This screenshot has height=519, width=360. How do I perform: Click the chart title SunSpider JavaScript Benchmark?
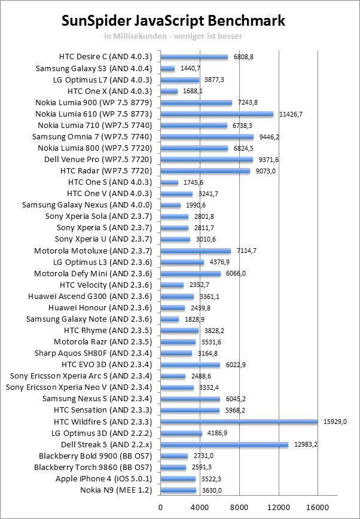click(x=173, y=22)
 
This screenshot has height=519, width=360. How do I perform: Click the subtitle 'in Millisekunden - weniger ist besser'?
click(x=173, y=36)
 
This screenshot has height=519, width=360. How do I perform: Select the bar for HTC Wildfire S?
click(x=239, y=422)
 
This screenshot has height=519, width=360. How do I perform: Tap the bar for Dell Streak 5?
click(x=224, y=444)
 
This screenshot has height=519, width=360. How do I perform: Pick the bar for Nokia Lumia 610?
click(x=216, y=114)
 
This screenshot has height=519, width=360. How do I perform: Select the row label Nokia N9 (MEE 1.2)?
click(x=116, y=490)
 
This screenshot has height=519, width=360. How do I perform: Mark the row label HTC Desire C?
click(x=106, y=57)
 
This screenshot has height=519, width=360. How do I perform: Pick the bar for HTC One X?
click(x=169, y=91)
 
